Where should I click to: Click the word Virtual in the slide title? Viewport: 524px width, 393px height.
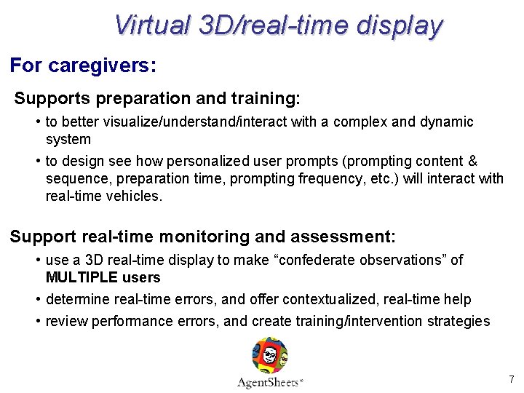click(x=149, y=25)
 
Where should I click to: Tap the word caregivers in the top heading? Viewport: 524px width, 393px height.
click(x=101, y=65)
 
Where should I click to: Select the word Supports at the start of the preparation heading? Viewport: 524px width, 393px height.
click(x=48, y=98)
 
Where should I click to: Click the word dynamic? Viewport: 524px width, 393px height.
click(x=446, y=122)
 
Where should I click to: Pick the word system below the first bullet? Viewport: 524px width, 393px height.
click(x=68, y=139)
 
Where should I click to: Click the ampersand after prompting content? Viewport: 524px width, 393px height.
click(x=472, y=161)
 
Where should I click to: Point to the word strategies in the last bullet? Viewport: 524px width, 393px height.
click(x=458, y=321)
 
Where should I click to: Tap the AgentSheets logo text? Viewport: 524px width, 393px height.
click(x=269, y=382)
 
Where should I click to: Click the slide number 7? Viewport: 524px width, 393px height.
click(x=511, y=379)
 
